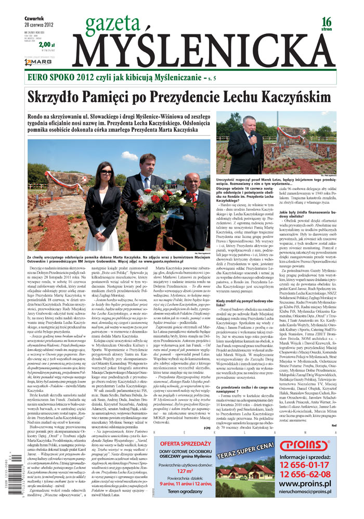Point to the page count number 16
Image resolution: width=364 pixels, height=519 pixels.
coord(326,22)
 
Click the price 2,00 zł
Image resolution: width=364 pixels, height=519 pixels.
coord(46,45)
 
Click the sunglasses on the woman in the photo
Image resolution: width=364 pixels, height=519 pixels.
coord(106,172)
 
